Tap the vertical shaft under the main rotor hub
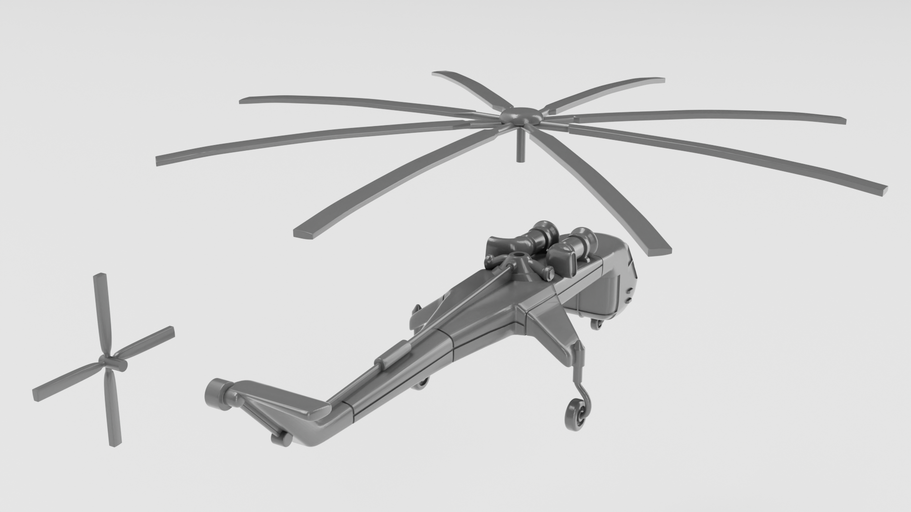click(521, 147)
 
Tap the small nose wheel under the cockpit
click(595, 324)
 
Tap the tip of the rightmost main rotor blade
click(880, 190)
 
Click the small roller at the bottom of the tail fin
click(283, 440)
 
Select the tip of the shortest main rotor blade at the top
click(439, 74)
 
